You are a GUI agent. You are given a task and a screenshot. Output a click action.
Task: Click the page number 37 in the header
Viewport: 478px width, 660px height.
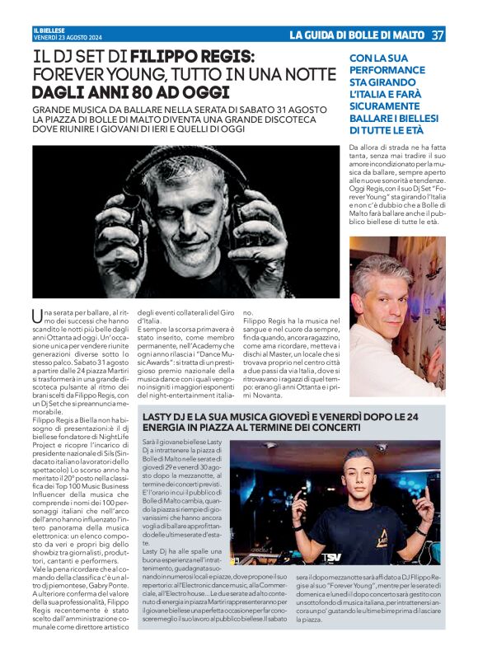point(438,35)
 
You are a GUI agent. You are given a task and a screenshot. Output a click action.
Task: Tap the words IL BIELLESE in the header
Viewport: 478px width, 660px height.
point(48,30)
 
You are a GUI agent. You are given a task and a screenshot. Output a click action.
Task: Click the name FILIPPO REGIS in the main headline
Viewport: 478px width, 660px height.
point(192,57)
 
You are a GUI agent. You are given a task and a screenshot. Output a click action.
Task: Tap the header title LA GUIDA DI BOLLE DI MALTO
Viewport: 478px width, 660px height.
point(356,35)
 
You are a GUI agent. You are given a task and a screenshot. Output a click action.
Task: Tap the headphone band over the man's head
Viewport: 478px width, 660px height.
point(198,157)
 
